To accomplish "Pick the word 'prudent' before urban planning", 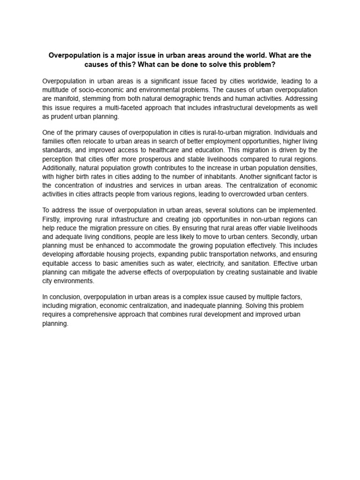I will click(63, 117).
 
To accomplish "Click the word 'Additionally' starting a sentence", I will click(59, 168).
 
